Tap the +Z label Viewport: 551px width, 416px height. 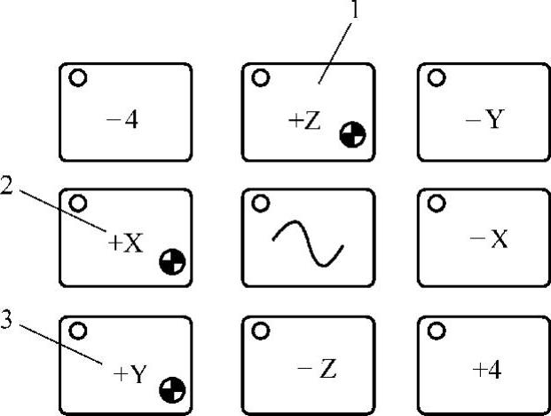304,122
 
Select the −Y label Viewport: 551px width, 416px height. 484,120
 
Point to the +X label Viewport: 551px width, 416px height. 125,243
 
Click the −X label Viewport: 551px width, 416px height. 487,241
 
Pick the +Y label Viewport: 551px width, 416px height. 130,374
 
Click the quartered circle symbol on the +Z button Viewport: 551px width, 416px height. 352,135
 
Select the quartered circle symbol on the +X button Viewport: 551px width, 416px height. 172,261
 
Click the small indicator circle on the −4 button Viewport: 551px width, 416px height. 77,78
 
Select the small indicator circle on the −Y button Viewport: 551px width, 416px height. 437,78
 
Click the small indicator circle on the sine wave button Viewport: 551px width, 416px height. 260,204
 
